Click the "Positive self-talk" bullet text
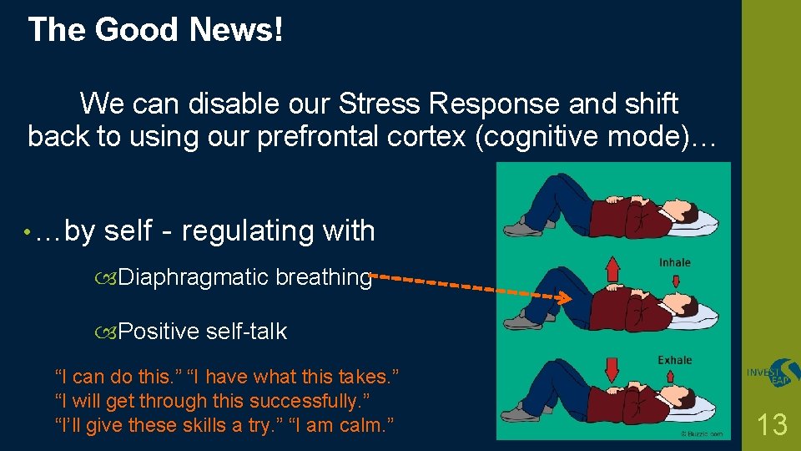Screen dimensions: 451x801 (202, 332)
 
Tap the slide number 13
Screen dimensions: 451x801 (772, 425)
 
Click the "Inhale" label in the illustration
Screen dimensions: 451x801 (674, 262)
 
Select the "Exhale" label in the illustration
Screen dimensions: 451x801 (674, 360)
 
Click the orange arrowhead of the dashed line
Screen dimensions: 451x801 (565, 298)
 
